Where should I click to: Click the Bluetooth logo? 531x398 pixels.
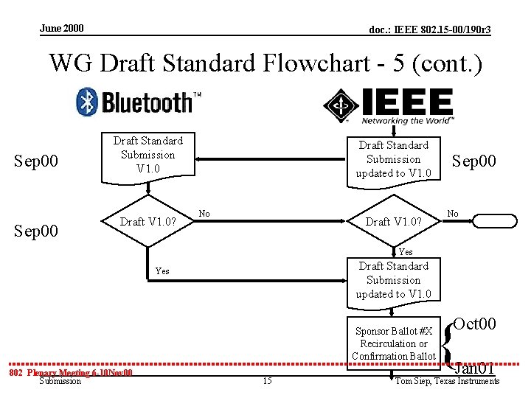click(x=139, y=102)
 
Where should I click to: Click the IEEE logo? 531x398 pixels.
click(x=389, y=106)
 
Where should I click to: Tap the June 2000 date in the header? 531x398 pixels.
click(x=62, y=29)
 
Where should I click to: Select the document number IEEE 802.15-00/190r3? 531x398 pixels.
click(x=429, y=29)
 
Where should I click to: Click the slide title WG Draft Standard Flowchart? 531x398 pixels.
click(x=265, y=63)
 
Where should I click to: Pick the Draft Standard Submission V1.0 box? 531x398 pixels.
click(x=147, y=155)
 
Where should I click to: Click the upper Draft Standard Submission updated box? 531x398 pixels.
click(x=393, y=159)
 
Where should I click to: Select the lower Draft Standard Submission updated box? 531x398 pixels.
click(x=393, y=280)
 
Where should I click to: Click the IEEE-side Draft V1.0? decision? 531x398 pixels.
click(x=393, y=222)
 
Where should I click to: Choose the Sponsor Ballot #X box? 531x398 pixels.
click(x=393, y=343)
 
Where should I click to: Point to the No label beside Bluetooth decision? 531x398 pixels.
click(x=204, y=214)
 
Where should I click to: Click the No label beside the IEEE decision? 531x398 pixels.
click(x=453, y=214)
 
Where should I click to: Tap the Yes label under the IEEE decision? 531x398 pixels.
click(x=405, y=252)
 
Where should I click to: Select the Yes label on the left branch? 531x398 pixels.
click(x=162, y=271)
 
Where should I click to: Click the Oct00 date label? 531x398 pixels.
click(x=474, y=324)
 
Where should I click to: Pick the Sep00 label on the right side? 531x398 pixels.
click(x=473, y=161)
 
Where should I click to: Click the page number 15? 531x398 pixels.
click(x=267, y=380)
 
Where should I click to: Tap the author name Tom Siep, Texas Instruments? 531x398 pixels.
click(x=447, y=381)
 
